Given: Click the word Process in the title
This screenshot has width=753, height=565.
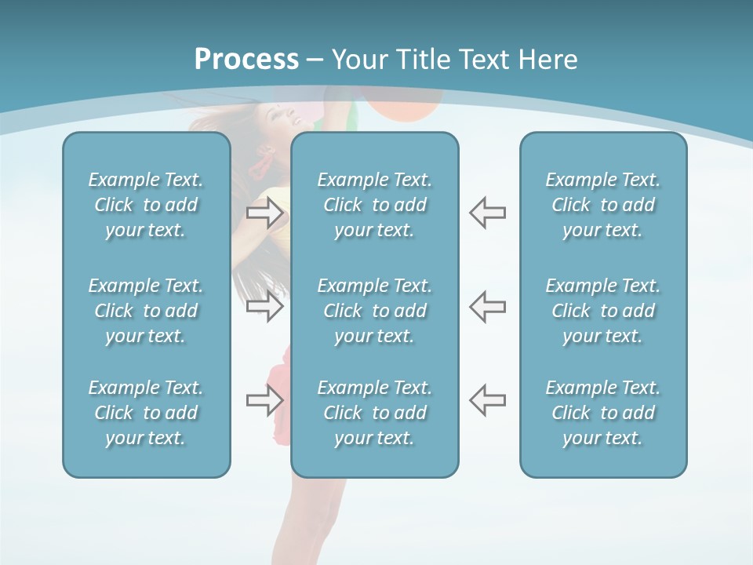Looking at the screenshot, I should click(x=246, y=60).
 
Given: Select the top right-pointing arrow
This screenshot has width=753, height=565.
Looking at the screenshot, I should click(x=265, y=212).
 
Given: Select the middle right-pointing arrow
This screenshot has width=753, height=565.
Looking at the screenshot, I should click(x=265, y=306).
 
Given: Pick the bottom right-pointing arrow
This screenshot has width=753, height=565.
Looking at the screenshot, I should click(x=265, y=400).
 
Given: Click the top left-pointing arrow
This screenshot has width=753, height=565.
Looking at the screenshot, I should click(x=487, y=212).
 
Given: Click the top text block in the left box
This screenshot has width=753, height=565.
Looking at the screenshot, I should click(x=146, y=205).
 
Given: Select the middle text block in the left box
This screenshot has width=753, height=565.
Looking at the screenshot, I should click(x=146, y=311).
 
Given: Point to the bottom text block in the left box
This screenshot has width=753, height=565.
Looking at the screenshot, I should click(x=146, y=413).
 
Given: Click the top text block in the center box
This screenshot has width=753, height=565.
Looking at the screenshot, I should click(x=374, y=205).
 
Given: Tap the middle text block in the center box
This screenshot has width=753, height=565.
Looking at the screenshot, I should click(x=374, y=311).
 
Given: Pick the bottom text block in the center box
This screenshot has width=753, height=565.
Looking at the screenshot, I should click(x=374, y=413).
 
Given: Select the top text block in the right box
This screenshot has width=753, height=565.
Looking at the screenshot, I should click(x=602, y=205).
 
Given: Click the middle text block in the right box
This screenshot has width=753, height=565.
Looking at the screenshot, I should click(x=602, y=311).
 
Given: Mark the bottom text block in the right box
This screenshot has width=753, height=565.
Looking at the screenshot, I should click(x=602, y=413).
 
